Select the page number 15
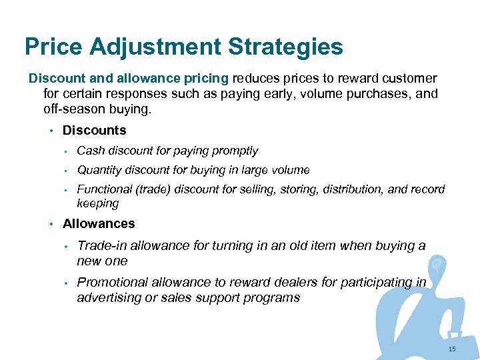pos(452,349)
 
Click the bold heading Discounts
pos(94,131)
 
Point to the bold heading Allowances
pos(99,224)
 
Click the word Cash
pos(90,151)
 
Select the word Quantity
pos(100,170)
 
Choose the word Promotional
pos(114,283)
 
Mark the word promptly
pos(235,151)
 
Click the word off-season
pos(68,109)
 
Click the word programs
pos(273,297)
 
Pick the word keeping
pos(97,203)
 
